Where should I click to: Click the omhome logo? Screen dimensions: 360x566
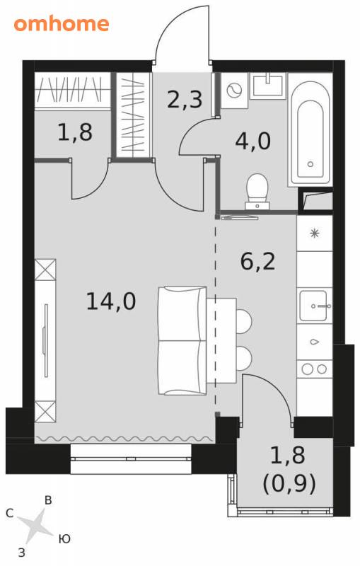pos(62,24)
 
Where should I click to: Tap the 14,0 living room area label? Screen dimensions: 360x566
pos(111,301)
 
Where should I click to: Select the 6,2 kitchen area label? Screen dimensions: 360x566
pos(257,262)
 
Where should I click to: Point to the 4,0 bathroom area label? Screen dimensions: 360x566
pos(252,141)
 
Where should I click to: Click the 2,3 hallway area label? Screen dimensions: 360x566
pos(185,100)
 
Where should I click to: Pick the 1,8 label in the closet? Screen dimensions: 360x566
pos(75,132)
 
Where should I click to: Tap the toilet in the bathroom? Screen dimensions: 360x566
pos(257,191)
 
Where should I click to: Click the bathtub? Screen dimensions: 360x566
pos(310,133)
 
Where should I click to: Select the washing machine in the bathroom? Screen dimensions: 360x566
pos(234,91)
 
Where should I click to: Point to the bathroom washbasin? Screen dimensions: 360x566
pos(269,85)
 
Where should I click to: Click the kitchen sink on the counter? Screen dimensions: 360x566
pos(314,306)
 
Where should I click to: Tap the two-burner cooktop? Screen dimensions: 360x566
pos(314,369)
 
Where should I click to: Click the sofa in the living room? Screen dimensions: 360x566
pos(182,340)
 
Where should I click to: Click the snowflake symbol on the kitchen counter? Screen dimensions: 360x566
pos(315,233)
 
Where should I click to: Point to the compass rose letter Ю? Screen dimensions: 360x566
pos(64,539)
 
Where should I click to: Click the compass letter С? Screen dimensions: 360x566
pos(10,514)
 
